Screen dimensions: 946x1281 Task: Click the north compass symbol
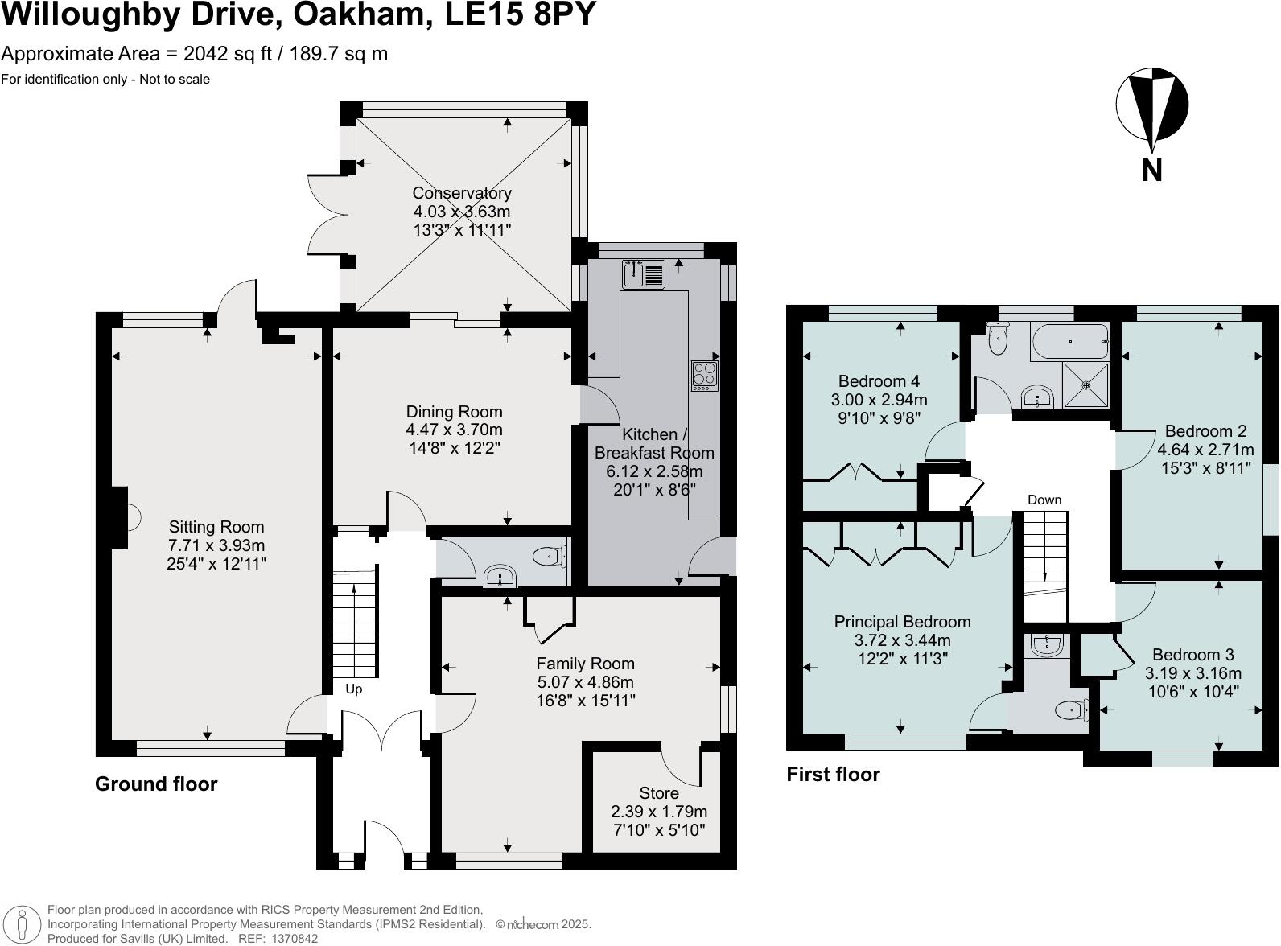click(x=1151, y=105)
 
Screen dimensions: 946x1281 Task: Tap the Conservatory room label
click(x=461, y=193)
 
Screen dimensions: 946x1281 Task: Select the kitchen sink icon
click(x=643, y=274)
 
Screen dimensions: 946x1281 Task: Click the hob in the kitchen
click(x=705, y=376)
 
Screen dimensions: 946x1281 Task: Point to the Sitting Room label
click(x=216, y=527)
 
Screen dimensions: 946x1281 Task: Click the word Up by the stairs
click(x=354, y=689)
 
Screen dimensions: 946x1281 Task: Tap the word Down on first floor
click(x=1044, y=500)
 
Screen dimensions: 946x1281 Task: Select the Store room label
click(x=659, y=793)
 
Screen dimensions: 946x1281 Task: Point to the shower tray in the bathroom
click(x=1086, y=385)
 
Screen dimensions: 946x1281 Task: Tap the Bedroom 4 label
click(x=879, y=381)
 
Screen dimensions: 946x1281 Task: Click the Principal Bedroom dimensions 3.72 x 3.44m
click(x=902, y=641)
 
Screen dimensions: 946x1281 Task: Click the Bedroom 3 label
click(x=1192, y=655)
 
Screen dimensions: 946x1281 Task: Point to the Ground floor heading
click(x=156, y=784)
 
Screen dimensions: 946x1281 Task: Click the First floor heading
click(x=833, y=774)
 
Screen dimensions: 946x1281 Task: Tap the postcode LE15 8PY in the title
click(x=521, y=14)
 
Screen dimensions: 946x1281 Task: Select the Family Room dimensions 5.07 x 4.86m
click(x=585, y=682)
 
